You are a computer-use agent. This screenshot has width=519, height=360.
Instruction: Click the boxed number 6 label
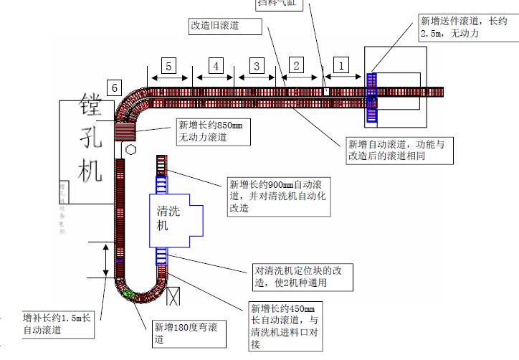[115, 87]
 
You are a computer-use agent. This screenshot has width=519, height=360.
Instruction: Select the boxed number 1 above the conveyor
[341, 65]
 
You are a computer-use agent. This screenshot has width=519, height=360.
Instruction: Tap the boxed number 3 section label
[256, 65]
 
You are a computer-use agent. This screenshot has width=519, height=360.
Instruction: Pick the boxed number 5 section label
[168, 66]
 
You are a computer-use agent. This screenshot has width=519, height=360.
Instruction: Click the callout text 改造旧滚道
[214, 26]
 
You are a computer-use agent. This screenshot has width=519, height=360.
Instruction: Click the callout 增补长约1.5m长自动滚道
[57, 323]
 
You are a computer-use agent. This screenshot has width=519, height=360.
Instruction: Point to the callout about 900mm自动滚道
[277, 196]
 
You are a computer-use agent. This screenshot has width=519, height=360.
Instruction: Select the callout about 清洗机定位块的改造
[301, 277]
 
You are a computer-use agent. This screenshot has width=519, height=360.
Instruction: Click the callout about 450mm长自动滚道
[282, 326]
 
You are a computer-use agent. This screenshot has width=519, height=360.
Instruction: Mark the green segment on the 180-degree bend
[130, 293]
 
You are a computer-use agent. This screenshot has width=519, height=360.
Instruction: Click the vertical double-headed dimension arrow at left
[106, 259]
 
